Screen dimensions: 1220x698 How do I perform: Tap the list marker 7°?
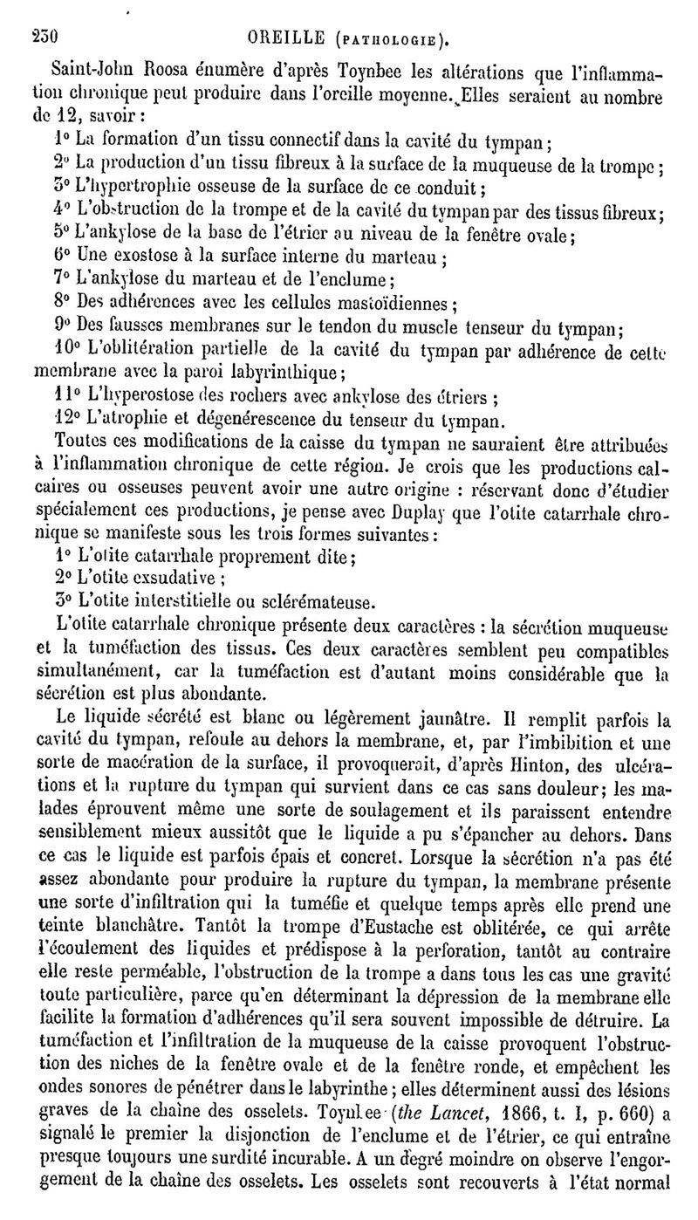61,280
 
